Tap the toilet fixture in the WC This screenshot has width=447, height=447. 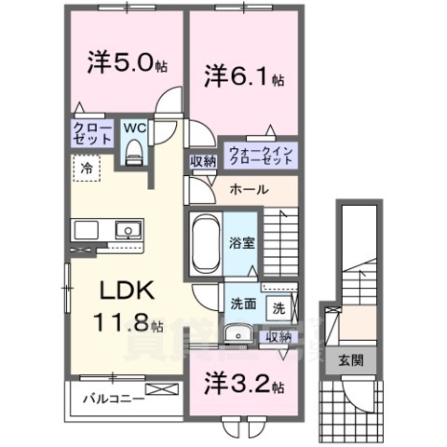133,150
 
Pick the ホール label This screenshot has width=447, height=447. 249,189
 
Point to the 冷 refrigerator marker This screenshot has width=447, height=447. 85,170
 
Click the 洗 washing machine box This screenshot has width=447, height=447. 278,304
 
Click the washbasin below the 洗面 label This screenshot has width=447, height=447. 237,332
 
